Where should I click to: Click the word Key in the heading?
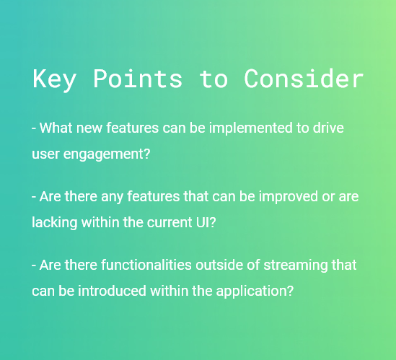tap(54, 79)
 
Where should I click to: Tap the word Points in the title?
tap(138, 79)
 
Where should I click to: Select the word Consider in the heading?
tap(304, 79)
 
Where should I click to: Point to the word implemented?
tap(251, 128)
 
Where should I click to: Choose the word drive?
tap(328, 128)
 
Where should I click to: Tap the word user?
tap(45, 154)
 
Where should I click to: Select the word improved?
tap(288, 197)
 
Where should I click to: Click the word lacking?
tap(55, 223)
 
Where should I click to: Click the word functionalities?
tap(146, 265)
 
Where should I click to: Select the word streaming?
tap(296, 265)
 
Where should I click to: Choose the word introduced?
tap(112, 291)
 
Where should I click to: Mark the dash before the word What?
tap(34, 128)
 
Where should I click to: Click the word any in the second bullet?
tap(112, 198)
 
